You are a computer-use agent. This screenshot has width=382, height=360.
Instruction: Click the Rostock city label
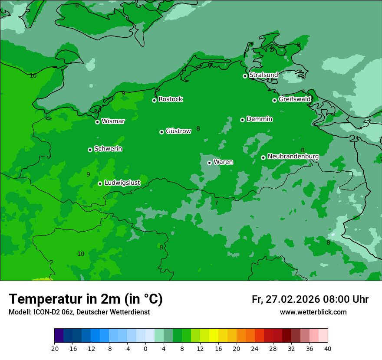[x=170, y=99]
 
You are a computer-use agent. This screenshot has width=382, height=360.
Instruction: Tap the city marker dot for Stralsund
[x=245, y=76]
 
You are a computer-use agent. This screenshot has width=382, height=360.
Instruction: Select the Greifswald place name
[x=294, y=99]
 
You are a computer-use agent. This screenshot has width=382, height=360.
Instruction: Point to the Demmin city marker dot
[x=242, y=120]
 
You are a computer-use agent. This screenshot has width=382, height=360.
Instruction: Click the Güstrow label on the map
[x=178, y=131]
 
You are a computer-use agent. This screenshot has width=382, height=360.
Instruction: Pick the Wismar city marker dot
[x=97, y=122]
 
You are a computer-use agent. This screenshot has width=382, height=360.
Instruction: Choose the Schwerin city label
[x=108, y=149]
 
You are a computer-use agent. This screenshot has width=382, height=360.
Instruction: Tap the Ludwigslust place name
[x=122, y=183]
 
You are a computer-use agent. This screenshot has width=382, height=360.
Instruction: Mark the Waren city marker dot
[x=209, y=163]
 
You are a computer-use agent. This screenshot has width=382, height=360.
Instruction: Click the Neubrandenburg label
[x=293, y=157]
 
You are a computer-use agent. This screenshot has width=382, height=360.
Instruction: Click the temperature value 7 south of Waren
[x=216, y=203]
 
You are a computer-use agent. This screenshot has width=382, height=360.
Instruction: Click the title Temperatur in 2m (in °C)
[x=86, y=299]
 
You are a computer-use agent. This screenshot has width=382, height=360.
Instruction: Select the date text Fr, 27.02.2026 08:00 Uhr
[x=310, y=299]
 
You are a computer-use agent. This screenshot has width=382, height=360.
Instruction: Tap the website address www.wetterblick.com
[x=313, y=312]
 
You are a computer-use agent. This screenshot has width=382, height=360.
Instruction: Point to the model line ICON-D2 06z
[x=79, y=312]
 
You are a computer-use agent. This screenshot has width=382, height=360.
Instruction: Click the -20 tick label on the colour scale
[x=54, y=348]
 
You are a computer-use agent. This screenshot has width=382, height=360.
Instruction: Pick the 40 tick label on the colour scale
[x=328, y=348]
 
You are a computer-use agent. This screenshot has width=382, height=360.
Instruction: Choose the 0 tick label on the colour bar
[x=145, y=348]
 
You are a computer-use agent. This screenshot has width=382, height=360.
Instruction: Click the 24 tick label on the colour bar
[x=255, y=348]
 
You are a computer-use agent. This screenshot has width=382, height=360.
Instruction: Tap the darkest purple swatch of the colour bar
[x=59, y=336]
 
